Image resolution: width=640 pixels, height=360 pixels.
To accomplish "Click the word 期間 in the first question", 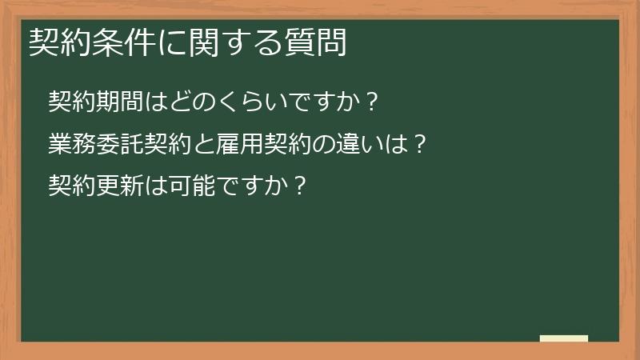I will coord(118,102).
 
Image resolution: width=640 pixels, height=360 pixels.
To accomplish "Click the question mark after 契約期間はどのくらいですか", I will coord(370,102).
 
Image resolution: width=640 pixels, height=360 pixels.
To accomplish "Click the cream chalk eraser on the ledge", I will coord(564,338).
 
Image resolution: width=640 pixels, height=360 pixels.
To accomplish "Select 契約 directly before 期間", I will coord(71,102).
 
